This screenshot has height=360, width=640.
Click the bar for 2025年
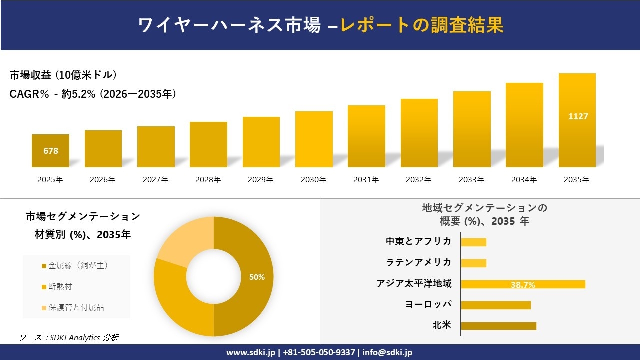tap(50, 151)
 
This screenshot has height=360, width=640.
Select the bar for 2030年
tap(314, 139)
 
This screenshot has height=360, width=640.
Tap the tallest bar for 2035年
tap(577, 120)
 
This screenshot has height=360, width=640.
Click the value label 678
tap(50, 151)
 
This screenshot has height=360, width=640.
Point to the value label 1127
tap(578, 116)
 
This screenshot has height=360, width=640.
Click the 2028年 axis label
tap(208, 180)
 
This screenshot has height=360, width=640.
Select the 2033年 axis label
tap(471, 180)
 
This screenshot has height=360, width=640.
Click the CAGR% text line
tap(93, 94)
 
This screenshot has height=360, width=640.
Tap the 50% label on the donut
tap(257, 277)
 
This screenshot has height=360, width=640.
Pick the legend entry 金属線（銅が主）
tap(75, 266)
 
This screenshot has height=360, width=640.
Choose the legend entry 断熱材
tap(60, 287)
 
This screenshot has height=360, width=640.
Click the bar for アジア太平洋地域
tap(523, 284)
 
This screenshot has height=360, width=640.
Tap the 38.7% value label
tap(523, 285)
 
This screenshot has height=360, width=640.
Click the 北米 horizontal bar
tap(498, 326)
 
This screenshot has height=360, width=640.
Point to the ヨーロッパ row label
tap(428, 304)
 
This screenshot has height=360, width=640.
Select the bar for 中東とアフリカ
tap(473, 242)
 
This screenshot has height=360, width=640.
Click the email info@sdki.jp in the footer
tap(387, 352)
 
